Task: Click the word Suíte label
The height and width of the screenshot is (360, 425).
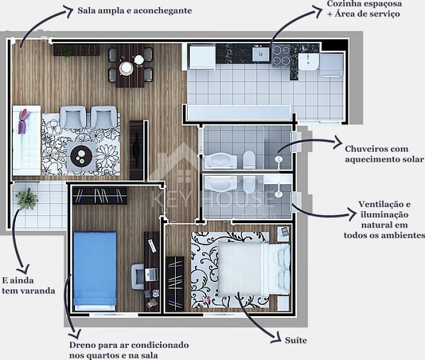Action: tap(296, 340)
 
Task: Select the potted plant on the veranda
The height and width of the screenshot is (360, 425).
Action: tap(27, 199)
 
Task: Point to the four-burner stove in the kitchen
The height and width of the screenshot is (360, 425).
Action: tap(281, 56)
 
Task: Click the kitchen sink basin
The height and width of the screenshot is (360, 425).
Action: tap(261, 54)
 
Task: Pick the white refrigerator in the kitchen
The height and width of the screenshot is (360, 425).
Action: tap(202, 57)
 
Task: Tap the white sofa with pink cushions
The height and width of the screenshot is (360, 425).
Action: tap(26, 140)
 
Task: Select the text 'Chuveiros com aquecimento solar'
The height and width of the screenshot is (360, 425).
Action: tap(384, 154)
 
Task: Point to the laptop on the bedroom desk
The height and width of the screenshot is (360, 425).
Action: tap(151, 275)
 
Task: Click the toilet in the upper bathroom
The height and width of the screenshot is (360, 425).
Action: tap(249, 160)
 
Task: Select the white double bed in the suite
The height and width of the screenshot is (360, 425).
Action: tap(254, 269)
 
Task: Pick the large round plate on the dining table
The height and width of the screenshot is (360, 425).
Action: tap(126, 68)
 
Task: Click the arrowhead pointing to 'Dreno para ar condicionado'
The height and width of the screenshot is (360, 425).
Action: tap(77, 333)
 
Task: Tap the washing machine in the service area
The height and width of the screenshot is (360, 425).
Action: tap(331, 65)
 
